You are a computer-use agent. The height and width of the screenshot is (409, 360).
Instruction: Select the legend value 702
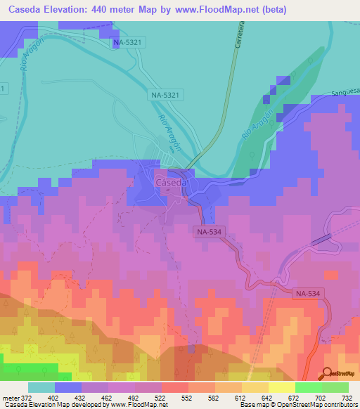click(321, 398)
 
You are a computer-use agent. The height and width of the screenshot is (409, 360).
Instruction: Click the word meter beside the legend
click(11, 398)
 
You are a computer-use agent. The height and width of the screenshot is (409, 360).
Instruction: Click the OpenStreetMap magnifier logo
click(328, 374)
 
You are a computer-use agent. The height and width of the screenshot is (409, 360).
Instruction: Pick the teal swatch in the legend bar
click(41, 387)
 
